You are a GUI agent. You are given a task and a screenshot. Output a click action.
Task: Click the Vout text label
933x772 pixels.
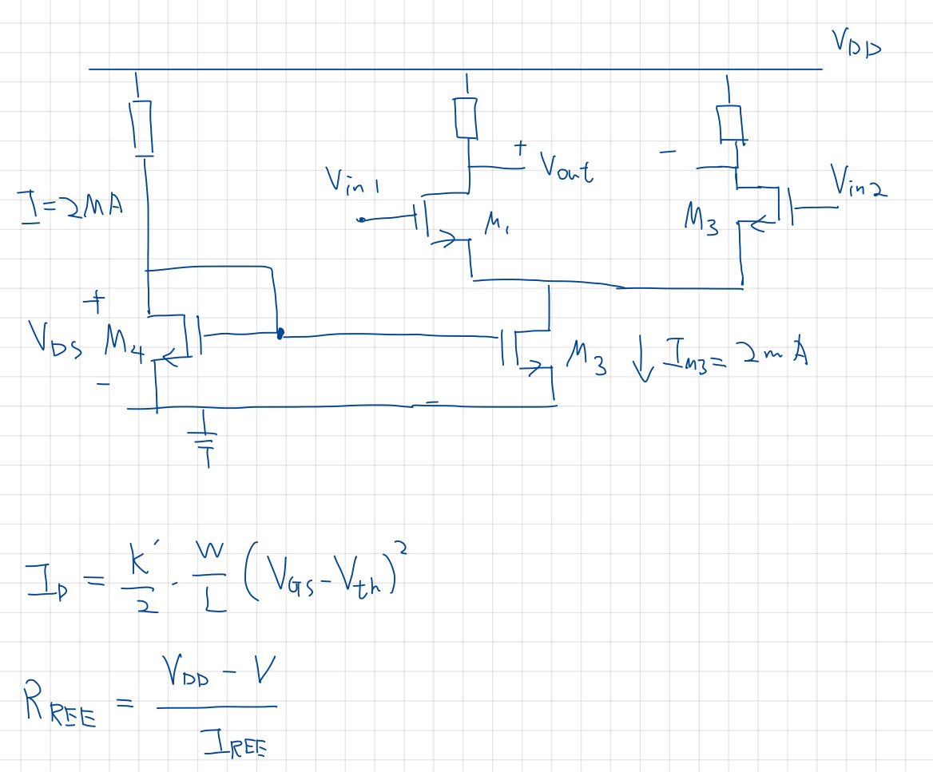(x=566, y=167)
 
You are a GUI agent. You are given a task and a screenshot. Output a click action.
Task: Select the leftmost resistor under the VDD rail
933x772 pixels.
(x=142, y=126)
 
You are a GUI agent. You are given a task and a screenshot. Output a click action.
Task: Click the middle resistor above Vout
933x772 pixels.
(x=466, y=117)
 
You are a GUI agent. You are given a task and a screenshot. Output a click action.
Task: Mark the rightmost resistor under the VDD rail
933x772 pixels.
(x=729, y=121)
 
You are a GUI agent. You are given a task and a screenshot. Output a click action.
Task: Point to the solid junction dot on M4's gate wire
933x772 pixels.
(x=280, y=335)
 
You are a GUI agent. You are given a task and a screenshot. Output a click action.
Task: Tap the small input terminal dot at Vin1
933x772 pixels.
(x=361, y=220)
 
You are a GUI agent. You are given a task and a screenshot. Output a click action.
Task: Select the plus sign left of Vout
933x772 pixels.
(x=520, y=148)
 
